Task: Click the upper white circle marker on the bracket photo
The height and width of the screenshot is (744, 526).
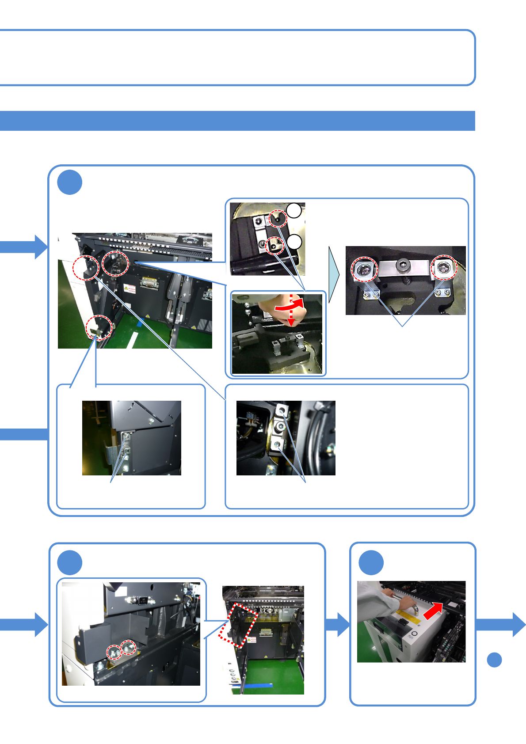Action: [294, 211]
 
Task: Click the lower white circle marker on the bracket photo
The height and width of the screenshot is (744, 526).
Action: [294, 242]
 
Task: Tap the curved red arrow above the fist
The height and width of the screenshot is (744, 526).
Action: [290, 304]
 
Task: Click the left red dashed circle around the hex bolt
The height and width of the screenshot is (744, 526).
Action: [365, 269]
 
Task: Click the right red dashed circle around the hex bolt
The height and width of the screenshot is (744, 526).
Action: [444, 267]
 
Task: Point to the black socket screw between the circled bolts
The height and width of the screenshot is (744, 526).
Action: [403, 265]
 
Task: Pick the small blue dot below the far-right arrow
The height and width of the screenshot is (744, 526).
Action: [494, 660]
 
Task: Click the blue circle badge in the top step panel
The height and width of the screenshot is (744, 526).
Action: [70, 182]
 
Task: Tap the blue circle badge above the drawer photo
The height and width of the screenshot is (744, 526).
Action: [371, 562]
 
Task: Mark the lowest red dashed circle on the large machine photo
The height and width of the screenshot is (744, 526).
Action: [99, 327]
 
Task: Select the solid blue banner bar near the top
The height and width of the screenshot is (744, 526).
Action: [237, 121]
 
